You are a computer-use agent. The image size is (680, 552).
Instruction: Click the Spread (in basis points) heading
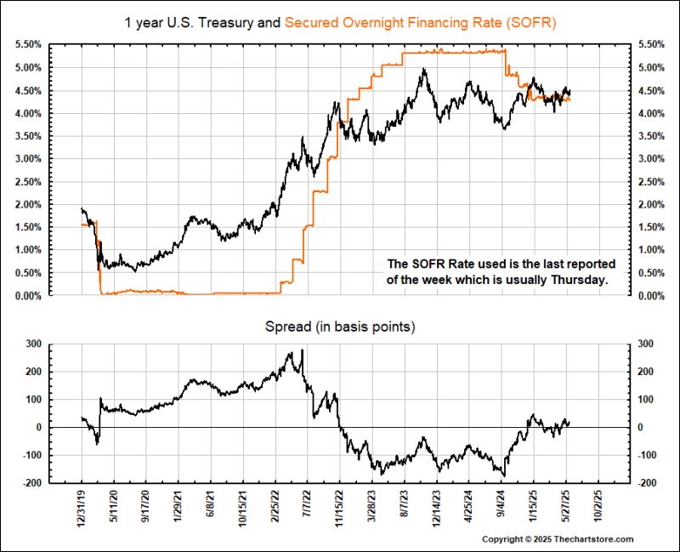pos(340,326)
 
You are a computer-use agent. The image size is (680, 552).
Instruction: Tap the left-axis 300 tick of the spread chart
pos(32,344)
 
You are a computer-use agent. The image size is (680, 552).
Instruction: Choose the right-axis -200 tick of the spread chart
pos(643,483)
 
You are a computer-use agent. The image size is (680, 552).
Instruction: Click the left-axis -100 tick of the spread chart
pos(31,455)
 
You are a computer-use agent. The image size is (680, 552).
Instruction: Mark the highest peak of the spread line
pos(302,351)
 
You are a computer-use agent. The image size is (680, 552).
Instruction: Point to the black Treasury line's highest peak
pos(423,70)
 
